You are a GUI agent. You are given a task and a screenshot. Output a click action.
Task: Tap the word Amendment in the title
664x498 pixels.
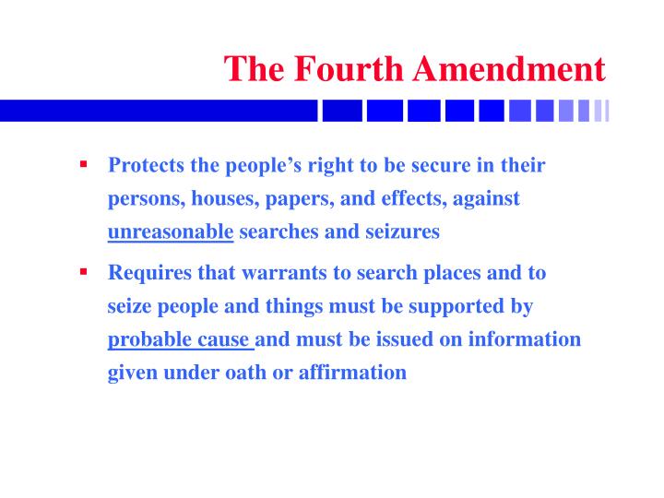(511, 69)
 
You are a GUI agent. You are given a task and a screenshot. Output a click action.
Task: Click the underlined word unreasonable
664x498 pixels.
(171, 231)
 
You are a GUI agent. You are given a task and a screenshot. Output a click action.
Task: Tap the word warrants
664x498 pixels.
(243, 273)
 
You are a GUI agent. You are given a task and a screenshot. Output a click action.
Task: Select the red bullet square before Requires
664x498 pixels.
(83, 273)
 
